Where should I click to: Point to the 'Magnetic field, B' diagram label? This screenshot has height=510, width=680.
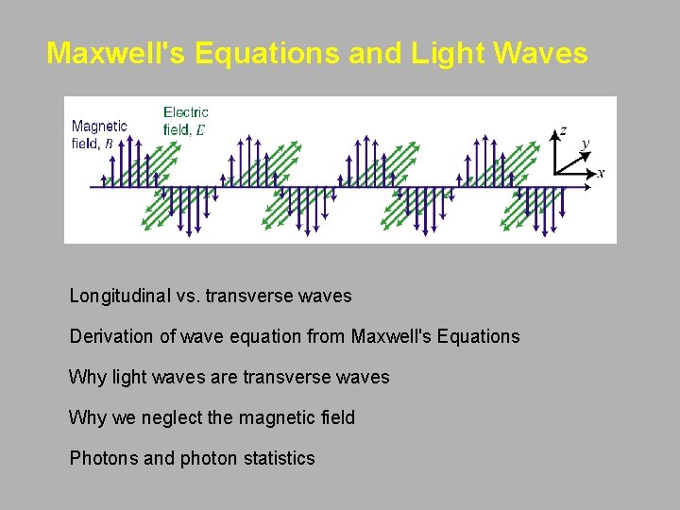point(99,134)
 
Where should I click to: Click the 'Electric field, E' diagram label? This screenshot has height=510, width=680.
point(186,121)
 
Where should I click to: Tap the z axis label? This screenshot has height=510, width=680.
point(564,130)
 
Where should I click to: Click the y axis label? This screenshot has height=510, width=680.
point(586,144)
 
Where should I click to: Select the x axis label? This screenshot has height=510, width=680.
point(601,173)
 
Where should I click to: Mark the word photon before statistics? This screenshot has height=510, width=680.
point(207,458)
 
